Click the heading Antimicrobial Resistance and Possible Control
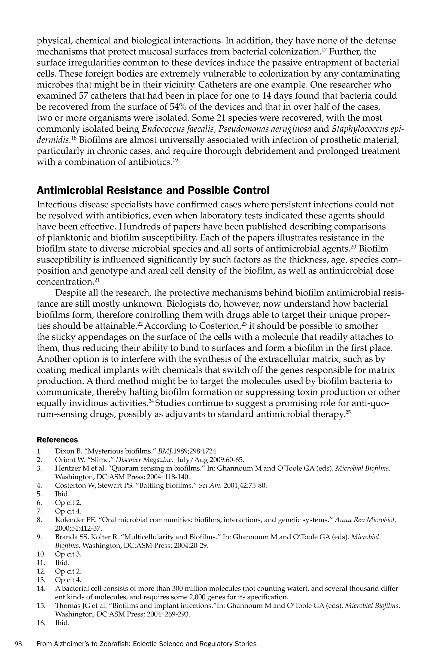[153, 191]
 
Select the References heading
[57, 439]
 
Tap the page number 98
[18, 644]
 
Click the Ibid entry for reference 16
[62, 623]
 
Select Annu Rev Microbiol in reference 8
[365, 520]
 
